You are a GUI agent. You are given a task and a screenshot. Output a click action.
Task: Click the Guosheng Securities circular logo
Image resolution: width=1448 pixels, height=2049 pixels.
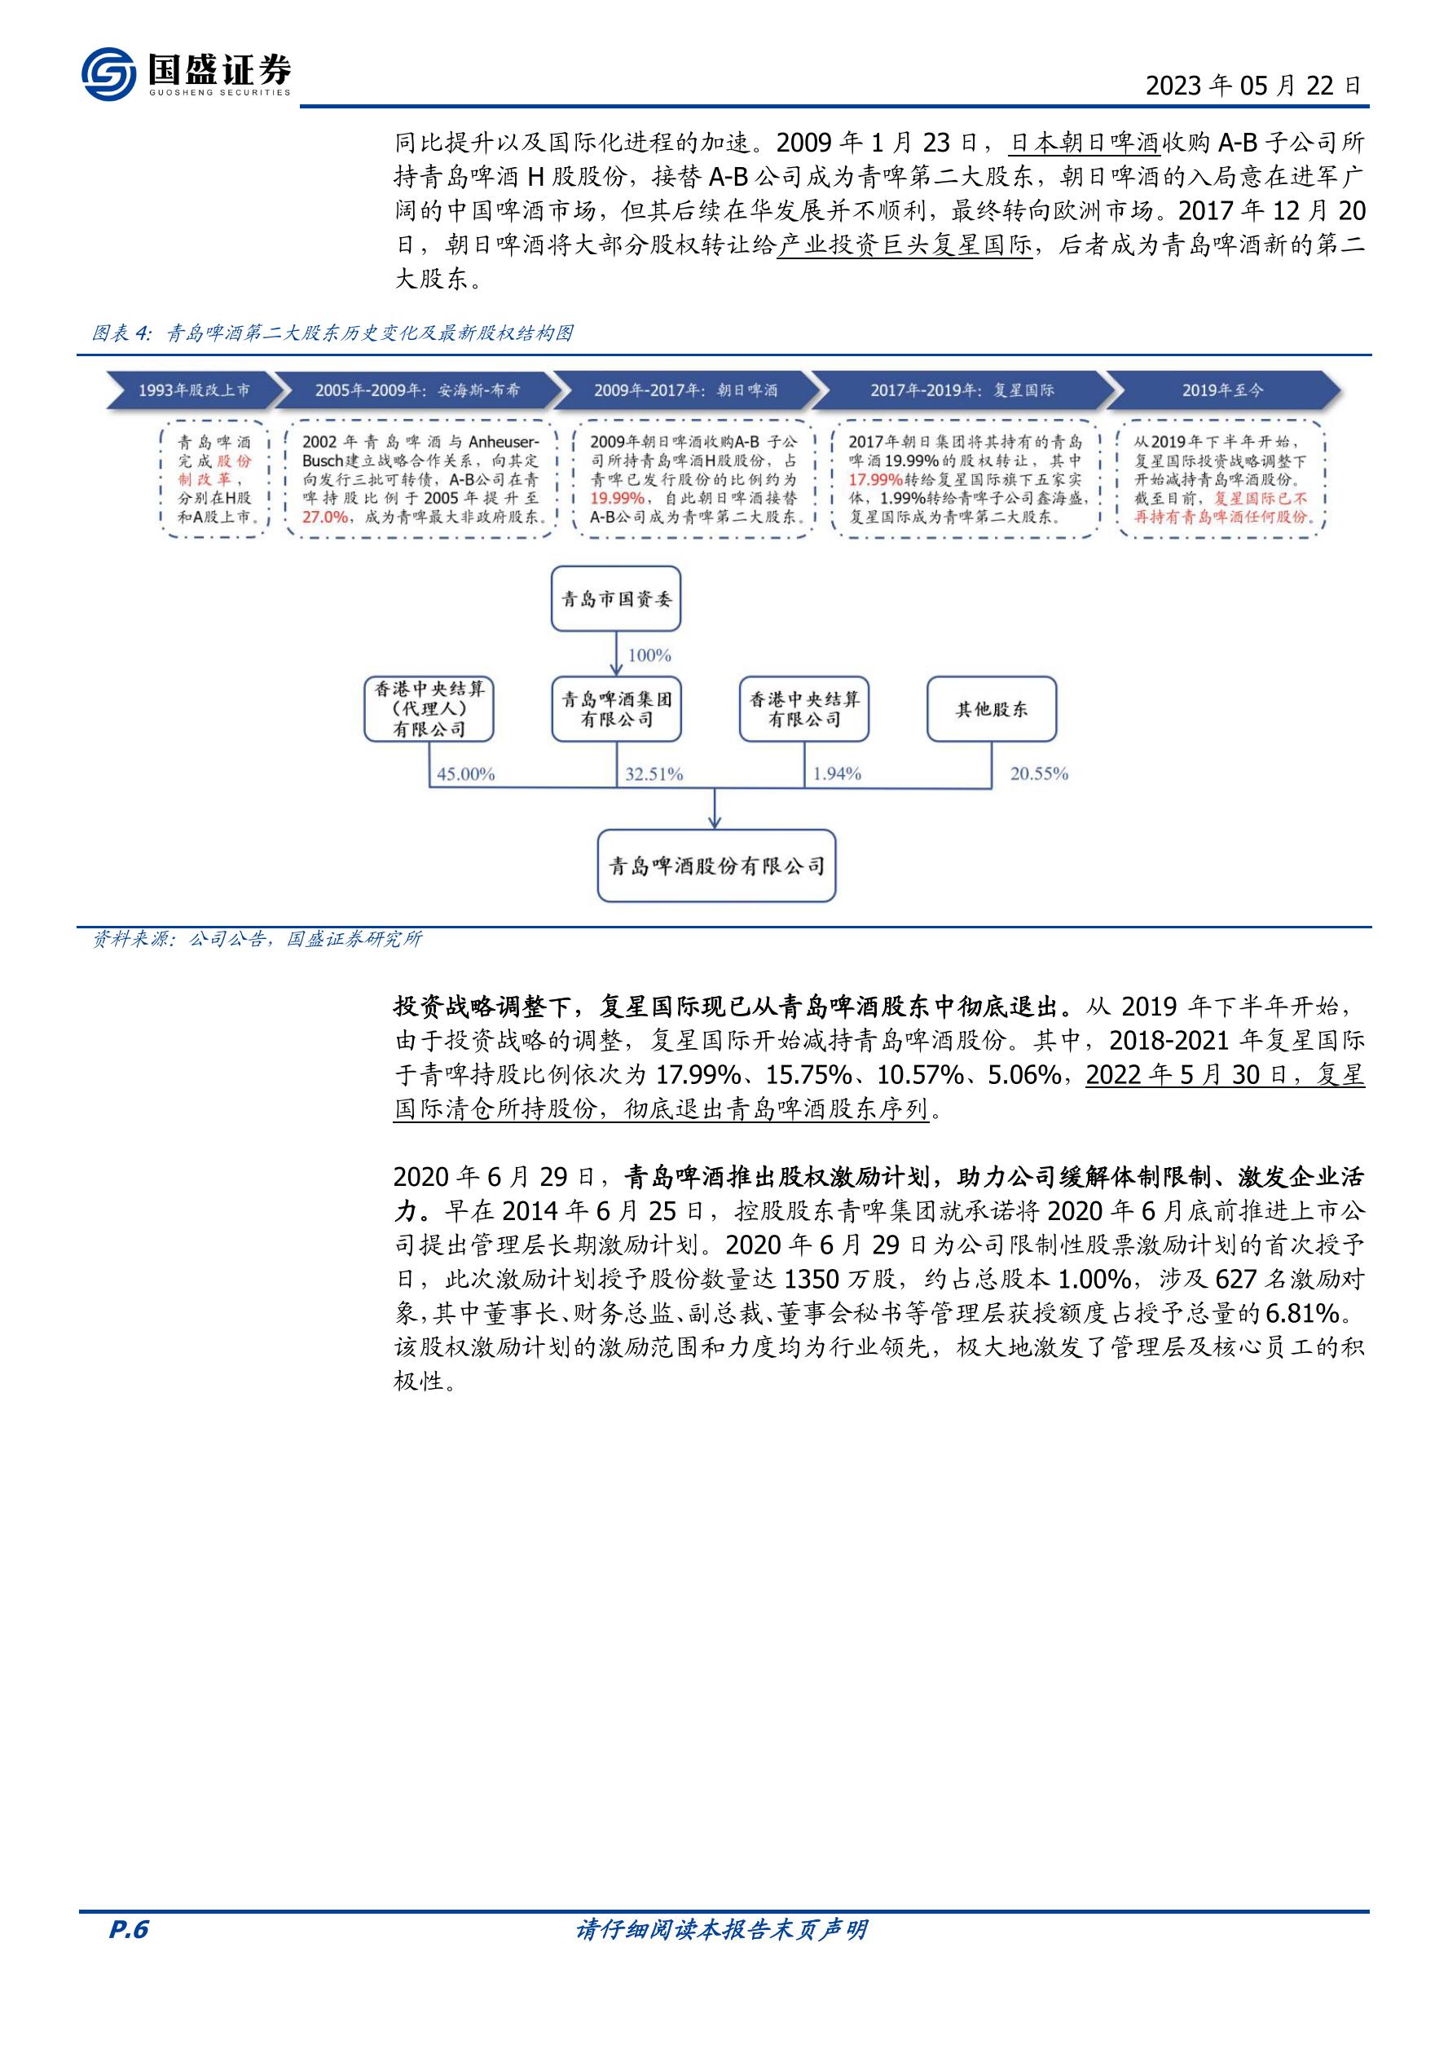click(109, 73)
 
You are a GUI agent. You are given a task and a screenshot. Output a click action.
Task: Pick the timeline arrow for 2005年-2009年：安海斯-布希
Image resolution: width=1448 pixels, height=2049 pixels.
click(415, 390)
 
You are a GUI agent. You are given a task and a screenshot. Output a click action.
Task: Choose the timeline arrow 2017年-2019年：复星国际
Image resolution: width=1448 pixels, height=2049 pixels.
click(962, 390)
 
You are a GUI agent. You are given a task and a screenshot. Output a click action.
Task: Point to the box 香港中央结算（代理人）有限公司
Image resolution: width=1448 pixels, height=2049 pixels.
click(429, 709)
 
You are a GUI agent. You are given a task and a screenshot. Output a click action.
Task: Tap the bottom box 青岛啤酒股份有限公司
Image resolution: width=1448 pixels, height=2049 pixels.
click(716, 866)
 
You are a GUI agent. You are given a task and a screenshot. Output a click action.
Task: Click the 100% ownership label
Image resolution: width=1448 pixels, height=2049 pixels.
click(649, 655)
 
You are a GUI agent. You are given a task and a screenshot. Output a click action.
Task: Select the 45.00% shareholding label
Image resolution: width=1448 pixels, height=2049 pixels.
click(464, 773)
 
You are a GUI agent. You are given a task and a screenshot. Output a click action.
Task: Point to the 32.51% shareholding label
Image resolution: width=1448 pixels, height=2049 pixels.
click(654, 773)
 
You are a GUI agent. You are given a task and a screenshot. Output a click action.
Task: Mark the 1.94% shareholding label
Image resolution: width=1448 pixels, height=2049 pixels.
click(837, 773)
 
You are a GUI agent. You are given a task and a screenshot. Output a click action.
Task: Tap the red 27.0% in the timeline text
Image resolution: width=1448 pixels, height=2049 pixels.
click(325, 517)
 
